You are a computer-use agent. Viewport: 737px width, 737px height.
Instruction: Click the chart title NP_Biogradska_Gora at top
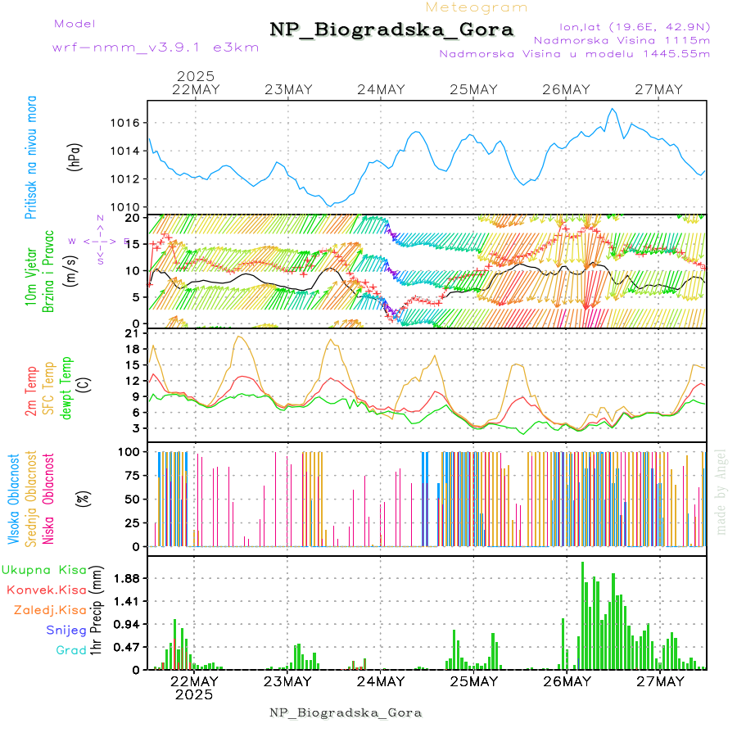[x=391, y=30]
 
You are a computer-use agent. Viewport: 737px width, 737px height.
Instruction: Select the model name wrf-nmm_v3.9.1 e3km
[x=156, y=47]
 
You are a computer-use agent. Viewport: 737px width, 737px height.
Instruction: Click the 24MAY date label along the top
[x=382, y=89]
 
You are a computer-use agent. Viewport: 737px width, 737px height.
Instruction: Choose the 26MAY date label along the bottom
[x=567, y=681]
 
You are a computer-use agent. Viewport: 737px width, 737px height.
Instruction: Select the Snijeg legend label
[x=66, y=630]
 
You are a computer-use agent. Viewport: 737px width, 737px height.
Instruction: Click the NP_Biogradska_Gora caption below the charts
[x=346, y=712]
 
